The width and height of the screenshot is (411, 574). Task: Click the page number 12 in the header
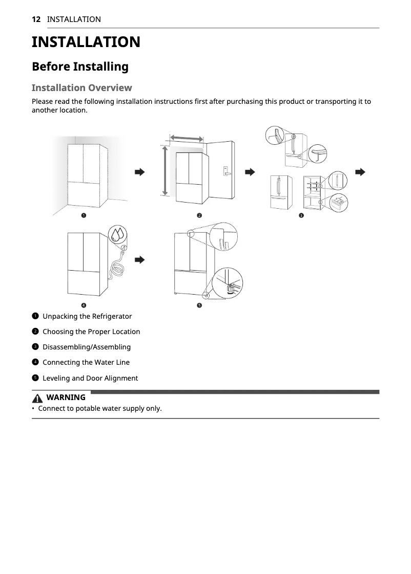[x=36, y=19]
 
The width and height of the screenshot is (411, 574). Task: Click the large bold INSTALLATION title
[x=86, y=42]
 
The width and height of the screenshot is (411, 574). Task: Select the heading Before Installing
[x=80, y=67]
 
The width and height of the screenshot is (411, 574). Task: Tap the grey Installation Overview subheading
[x=81, y=87]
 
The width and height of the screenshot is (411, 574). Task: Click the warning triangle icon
[x=38, y=398]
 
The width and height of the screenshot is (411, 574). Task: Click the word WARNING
[x=66, y=398]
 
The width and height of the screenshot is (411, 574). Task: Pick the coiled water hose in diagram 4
[x=117, y=268]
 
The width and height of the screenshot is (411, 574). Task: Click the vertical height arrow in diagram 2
[x=165, y=171]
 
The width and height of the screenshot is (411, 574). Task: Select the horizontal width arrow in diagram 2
[x=187, y=138]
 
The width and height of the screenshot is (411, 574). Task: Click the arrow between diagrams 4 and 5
[x=139, y=260]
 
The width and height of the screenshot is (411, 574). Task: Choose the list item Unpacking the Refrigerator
[x=87, y=316]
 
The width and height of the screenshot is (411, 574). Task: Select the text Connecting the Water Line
[x=86, y=362]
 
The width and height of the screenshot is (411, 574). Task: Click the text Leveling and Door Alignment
[x=90, y=378]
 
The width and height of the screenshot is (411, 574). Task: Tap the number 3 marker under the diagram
[x=301, y=215]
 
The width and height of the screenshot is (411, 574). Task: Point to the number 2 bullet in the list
[x=35, y=332]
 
